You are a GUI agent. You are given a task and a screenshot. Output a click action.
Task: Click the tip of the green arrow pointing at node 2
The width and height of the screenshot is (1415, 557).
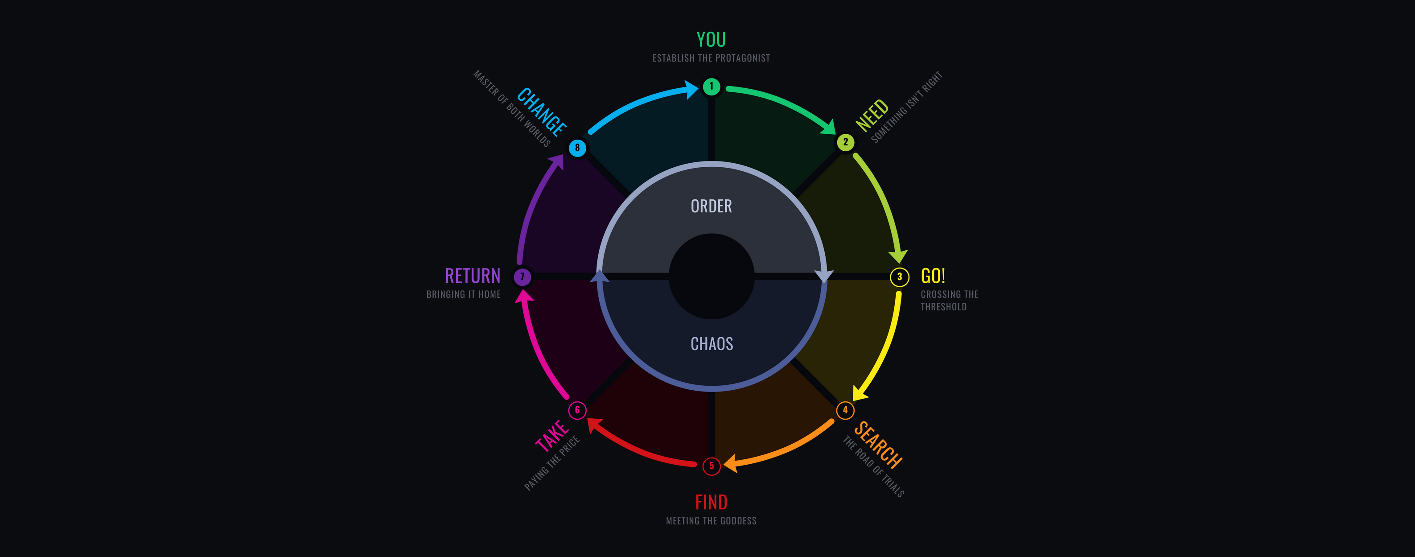click(x=835, y=134)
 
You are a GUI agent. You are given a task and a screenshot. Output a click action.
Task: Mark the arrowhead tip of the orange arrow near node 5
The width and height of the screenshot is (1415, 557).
click(x=724, y=465)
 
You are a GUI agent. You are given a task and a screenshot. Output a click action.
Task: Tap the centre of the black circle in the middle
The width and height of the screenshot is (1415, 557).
click(x=712, y=276)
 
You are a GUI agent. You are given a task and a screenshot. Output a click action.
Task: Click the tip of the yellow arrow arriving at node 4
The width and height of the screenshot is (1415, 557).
click(x=853, y=401)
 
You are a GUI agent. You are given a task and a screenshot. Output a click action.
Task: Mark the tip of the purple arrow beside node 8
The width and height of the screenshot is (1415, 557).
click(x=564, y=154)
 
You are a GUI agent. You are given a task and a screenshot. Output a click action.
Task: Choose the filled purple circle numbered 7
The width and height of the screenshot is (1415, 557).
click(x=522, y=277)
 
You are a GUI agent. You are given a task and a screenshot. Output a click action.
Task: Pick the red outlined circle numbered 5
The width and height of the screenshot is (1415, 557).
click(x=712, y=466)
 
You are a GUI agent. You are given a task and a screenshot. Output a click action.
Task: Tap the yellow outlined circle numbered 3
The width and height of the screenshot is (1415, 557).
click(x=900, y=277)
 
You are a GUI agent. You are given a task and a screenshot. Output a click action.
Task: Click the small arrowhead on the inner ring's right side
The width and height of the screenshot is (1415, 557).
click(x=824, y=276)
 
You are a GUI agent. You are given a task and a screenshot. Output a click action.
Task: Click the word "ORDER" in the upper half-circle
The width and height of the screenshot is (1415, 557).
click(x=712, y=206)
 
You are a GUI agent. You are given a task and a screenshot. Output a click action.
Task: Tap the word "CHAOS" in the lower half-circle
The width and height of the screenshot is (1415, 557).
click(x=712, y=344)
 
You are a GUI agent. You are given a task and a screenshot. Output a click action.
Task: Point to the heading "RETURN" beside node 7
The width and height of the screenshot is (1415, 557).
click(x=473, y=276)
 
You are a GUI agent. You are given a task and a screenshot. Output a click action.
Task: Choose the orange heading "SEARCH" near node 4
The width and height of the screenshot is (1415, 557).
click(x=878, y=446)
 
